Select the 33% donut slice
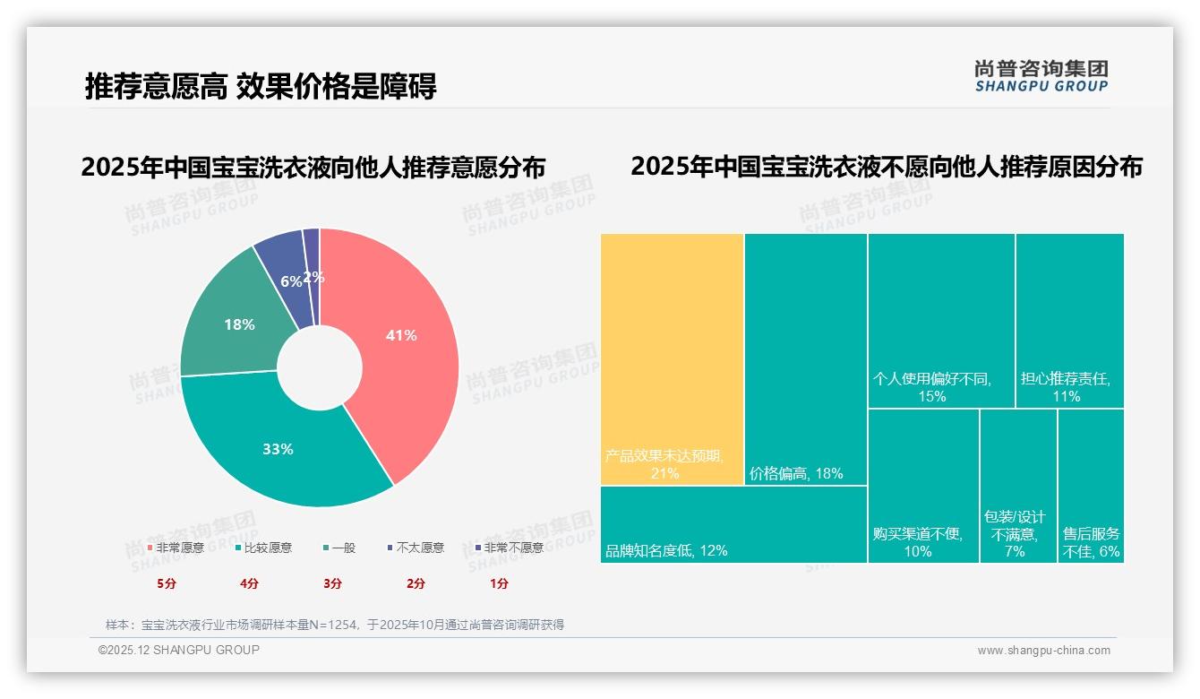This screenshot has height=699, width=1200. pos(278,448)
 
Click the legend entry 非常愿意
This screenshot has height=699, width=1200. pos(175,548)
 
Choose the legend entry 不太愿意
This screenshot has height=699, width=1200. pos(415,548)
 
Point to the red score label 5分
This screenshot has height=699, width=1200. pos(167,583)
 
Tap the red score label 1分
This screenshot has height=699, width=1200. pos(499,583)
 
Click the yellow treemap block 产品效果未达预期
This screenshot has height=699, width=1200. pos(672,358)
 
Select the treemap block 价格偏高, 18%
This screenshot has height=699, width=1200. pos(805,358)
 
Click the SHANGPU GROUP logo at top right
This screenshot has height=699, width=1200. pos(1041,76)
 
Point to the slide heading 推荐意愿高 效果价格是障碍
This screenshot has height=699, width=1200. pos(261,87)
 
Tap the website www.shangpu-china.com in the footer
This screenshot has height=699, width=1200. pos(1043,651)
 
